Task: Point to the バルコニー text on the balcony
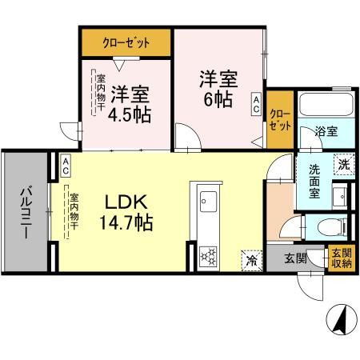pos(25,212)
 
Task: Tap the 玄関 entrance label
pos(295,258)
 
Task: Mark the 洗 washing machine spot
pos(342,162)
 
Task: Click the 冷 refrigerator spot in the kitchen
pos(250,258)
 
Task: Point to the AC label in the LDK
pos(66,165)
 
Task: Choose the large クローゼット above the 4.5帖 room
pos(126,42)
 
